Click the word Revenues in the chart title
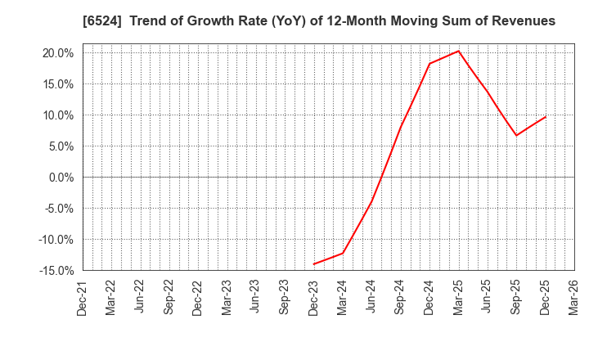[520, 21]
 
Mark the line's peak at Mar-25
[458, 51]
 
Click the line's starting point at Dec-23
[313, 264]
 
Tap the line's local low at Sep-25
[516, 136]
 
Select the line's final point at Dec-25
[545, 116]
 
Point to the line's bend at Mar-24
[343, 253]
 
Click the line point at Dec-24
[429, 64]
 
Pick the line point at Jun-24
[371, 201]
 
